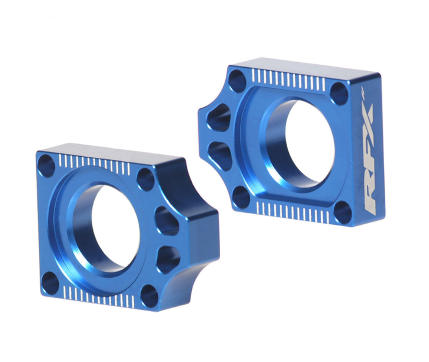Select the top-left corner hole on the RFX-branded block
(x=237, y=81)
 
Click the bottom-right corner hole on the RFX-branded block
(x=343, y=212)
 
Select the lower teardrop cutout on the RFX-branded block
(x=220, y=155)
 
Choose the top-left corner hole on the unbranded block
(x=46, y=166)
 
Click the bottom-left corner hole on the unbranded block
(x=50, y=283)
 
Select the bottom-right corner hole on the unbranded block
(x=149, y=296)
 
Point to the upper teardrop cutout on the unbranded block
(x=167, y=221)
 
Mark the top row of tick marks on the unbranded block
(x=94, y=164)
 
